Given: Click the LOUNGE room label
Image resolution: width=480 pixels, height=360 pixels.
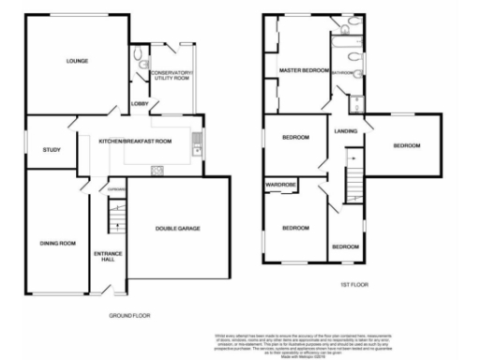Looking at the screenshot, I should [x=77, y=63].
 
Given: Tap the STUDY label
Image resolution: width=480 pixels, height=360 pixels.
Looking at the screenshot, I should [x=51, y=149].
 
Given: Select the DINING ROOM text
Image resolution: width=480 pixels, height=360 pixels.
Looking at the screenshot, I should [x=57, y=243].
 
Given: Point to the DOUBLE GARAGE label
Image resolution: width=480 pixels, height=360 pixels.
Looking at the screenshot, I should [x=177, y=229].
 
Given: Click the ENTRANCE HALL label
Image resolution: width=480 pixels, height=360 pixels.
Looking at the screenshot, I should [x=110, y=258].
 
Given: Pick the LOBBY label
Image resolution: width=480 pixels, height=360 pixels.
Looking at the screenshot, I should [x=140, y=103].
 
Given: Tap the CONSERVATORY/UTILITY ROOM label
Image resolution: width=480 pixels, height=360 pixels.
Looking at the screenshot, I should [x=170, y=76].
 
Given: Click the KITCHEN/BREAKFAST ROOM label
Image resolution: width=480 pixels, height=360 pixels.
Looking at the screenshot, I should [x=136, y=141].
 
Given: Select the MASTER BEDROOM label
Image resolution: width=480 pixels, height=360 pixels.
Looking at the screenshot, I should [x=304, y=71].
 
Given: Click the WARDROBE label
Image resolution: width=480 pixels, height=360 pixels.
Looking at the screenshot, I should [x=280, y=186].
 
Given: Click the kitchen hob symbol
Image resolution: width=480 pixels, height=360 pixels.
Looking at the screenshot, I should [x=157, y=169].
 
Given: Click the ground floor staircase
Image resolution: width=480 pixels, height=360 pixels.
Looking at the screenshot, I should [x=114, y=221].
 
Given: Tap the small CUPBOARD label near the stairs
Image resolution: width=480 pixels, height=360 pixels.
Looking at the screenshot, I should [x=115, y=190].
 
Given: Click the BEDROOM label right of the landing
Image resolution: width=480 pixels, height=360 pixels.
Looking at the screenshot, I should [x=406, y=145].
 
